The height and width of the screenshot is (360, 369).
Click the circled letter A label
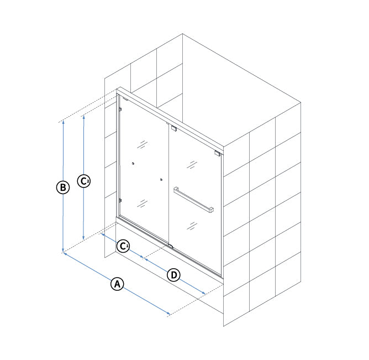point(117,284)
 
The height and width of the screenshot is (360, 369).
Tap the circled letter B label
point(63,187)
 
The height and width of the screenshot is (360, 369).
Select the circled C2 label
point(84,181)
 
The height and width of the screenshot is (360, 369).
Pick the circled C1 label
point(123,246)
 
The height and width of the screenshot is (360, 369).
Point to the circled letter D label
point(173,275)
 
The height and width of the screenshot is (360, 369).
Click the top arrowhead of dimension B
point(63,122)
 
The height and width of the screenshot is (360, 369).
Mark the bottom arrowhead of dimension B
point(63,251)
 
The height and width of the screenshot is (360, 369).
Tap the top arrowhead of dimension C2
point(83,116)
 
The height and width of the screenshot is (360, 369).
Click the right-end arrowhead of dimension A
point(168,313)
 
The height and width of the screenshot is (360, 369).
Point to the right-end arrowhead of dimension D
point(203,293)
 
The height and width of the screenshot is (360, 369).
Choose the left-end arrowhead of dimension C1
point(103,234)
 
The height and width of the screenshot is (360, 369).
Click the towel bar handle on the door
point(193,199)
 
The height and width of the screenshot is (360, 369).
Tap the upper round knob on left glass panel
point(133,163)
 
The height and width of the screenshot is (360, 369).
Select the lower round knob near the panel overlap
point(161,180)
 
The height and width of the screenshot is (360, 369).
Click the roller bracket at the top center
point(174,129)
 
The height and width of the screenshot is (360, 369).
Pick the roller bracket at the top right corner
point(217,153)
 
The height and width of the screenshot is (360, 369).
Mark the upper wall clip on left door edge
point(120,109)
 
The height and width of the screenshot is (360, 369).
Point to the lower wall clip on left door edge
point(120,201)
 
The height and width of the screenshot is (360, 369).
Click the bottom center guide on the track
point(170,246)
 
